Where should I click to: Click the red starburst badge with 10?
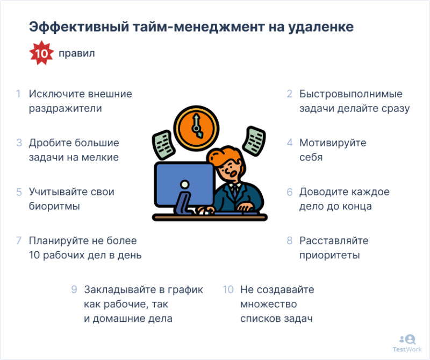coord(41,53)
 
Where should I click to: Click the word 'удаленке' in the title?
coord(321,27)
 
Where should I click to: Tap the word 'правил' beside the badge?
coord(77,53)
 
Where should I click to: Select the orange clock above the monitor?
coord(196,128)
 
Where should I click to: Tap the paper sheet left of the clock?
coord(163,145)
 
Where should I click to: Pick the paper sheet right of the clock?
coord(254,141)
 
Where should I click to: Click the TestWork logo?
coord(407,343)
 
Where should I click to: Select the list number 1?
coord(18,94)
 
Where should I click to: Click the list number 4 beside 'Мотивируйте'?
coord(290,143)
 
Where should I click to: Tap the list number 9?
coord(74,290)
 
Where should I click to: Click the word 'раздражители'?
coord(65,109)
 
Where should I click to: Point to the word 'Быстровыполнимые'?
coord(351,94)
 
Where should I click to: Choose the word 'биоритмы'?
coord(54,206)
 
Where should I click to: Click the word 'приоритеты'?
coord(329,256)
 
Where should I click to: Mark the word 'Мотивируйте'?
coord(333,143)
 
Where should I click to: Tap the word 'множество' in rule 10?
coord(268,304)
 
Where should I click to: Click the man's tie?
coord(235,191)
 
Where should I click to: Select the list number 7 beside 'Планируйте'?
coord(19,241)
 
